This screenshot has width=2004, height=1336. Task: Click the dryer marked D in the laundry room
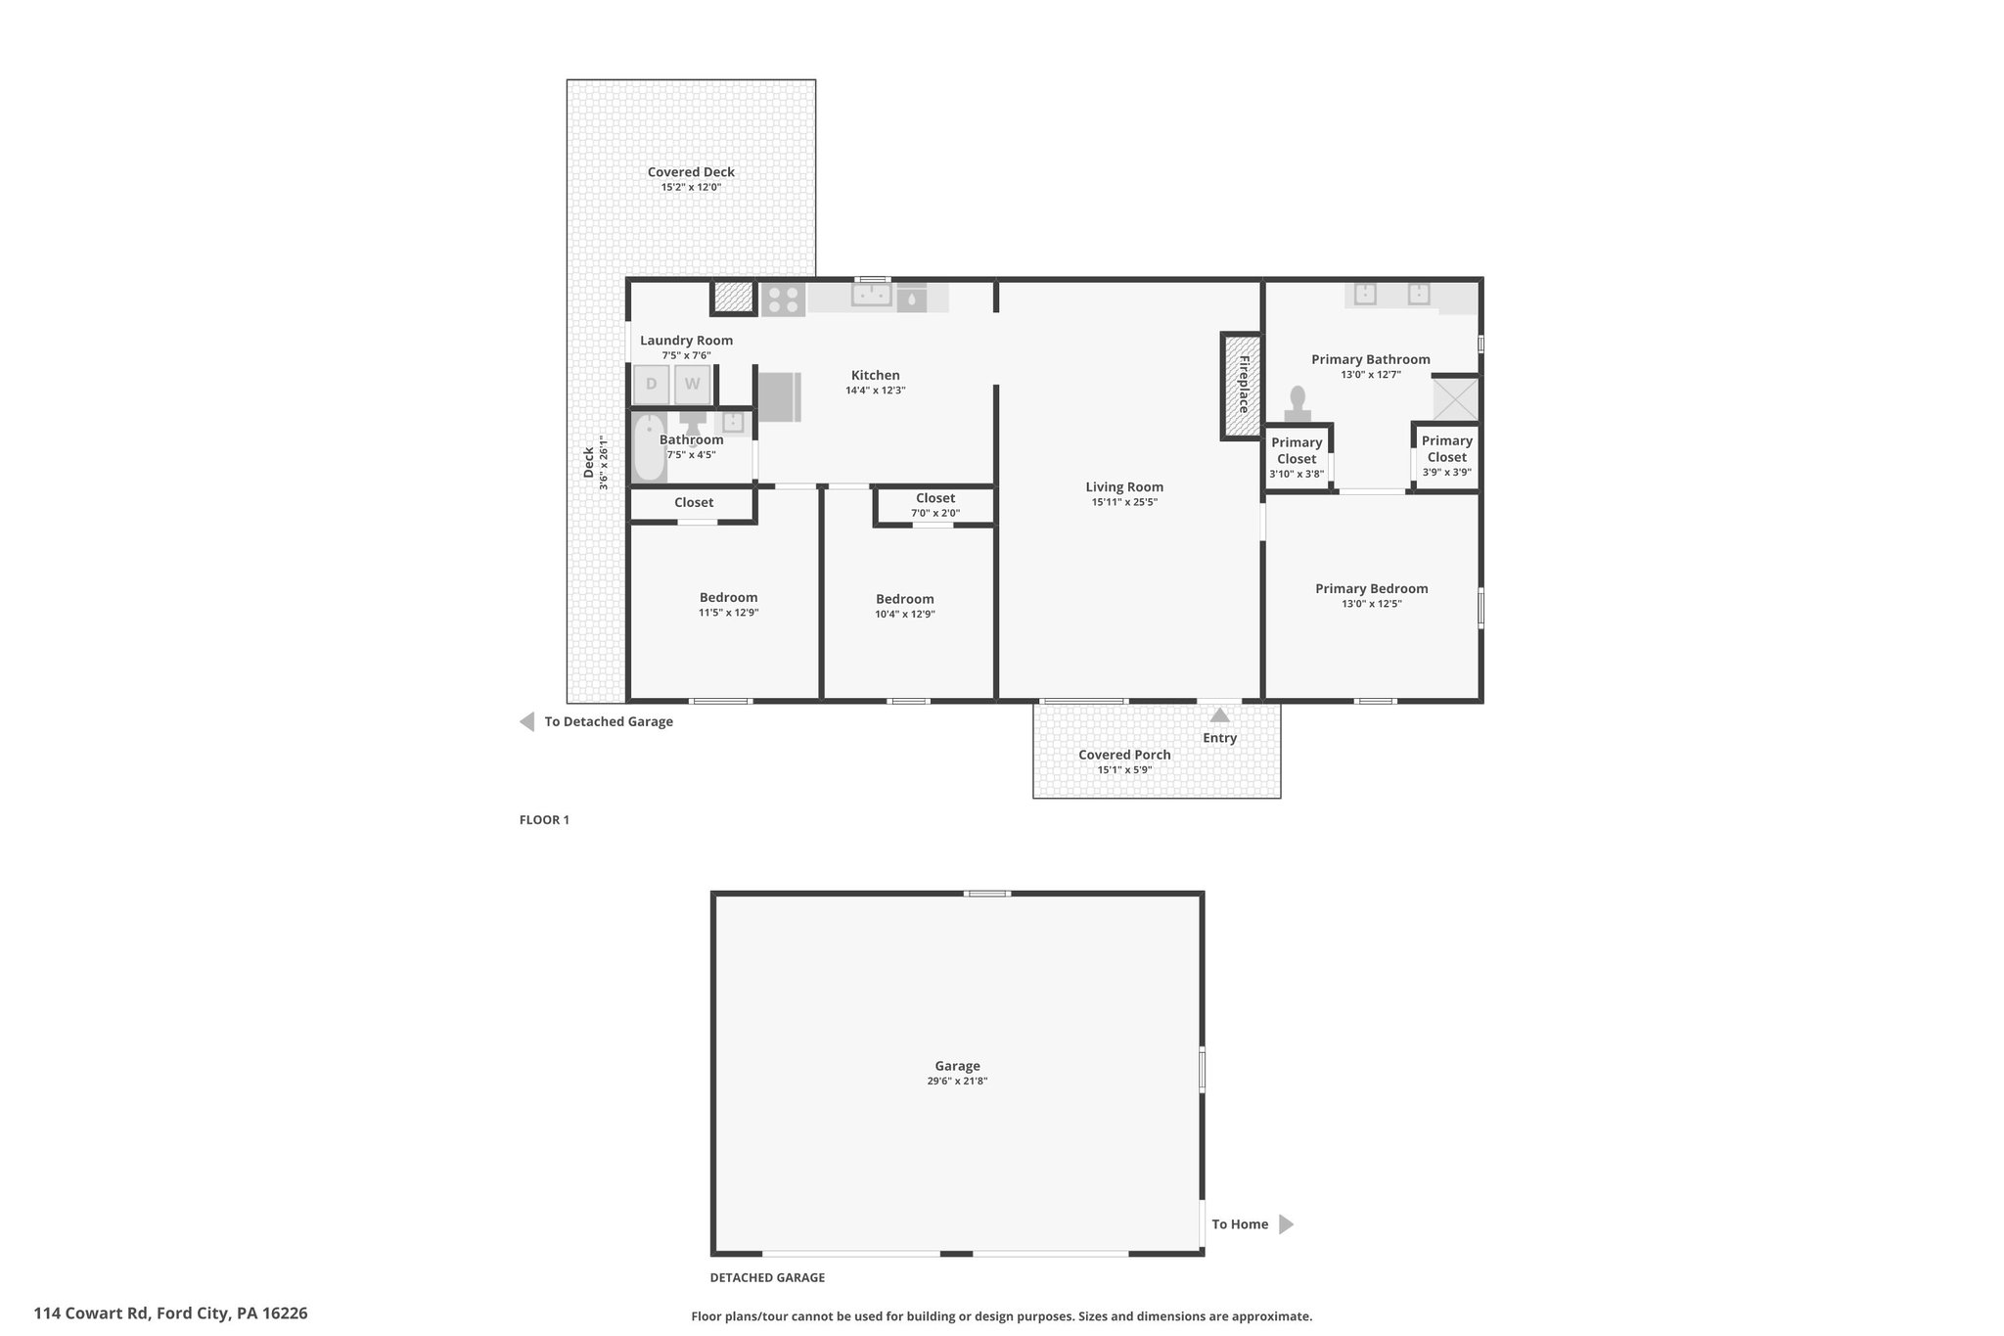click(652, 385)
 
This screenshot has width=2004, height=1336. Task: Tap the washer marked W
click(692, 385)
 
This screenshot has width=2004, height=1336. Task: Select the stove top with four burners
click(783, 299)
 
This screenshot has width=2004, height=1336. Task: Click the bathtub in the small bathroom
click(649, 447)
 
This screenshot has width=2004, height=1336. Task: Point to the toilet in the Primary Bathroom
click(1298, 404)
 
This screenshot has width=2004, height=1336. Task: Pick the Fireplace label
click(1244, 384)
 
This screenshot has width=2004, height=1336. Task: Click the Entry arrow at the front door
click(1220, 714)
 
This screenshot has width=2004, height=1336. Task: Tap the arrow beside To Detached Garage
click(526, 722)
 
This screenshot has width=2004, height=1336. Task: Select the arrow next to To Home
click(1287, 1224)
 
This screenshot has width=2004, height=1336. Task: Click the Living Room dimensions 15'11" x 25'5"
click(1124, 502)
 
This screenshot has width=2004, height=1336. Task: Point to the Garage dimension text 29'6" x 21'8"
click(957, 1082)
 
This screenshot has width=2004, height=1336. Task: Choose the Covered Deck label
click(691, 172)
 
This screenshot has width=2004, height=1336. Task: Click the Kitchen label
click(876, 375)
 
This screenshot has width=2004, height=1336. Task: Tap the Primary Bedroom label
click(1372, 588)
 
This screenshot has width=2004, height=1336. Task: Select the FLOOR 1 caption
click(544, 820)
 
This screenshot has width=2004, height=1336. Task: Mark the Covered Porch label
click(1124, 755)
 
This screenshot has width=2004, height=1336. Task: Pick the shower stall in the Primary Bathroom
click(1455, 399)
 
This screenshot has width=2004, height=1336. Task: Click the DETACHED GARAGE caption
click(767, 1277)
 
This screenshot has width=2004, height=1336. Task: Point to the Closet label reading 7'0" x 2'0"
click(935, 505)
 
